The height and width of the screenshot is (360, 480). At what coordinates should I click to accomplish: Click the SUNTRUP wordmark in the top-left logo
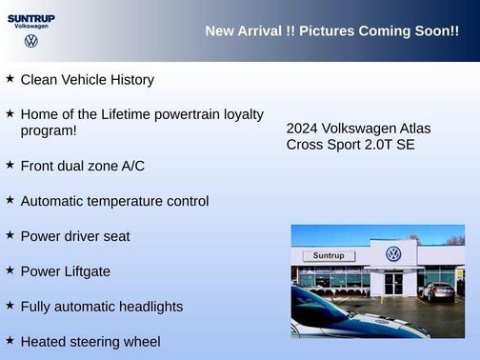pos(30,17)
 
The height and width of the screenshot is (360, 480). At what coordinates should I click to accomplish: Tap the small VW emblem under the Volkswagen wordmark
pos(31,41)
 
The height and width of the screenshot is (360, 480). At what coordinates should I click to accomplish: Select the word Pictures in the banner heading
pos(327,31)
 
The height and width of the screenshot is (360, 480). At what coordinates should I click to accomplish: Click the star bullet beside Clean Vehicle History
pos(10,79)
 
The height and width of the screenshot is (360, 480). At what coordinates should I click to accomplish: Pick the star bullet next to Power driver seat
pos(10,234)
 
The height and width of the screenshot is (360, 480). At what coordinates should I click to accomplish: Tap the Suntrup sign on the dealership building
pos(329,255)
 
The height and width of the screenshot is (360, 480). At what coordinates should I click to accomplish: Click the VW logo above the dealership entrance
pos(393,254)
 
